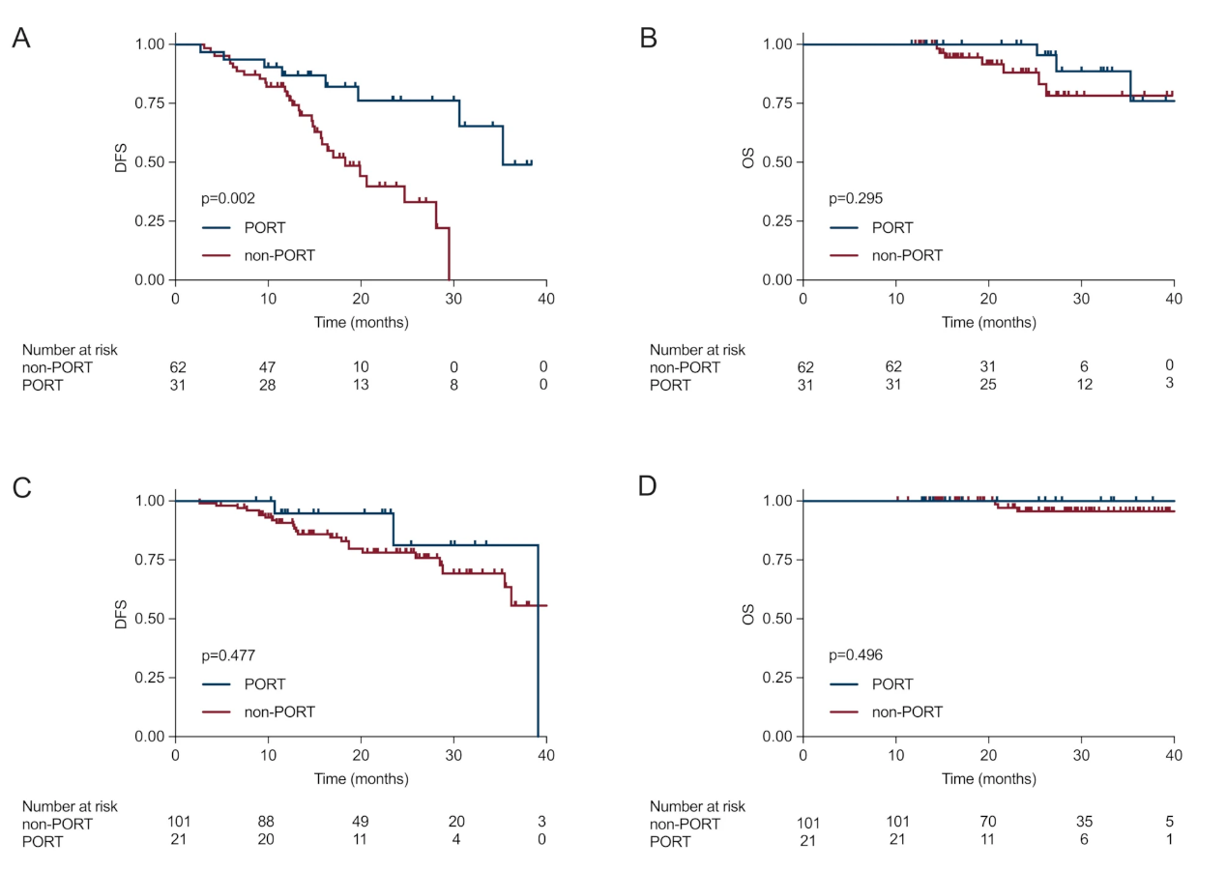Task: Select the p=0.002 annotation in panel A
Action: pos(228,198)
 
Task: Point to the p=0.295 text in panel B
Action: pos(856,198)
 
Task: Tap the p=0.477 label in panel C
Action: pos(228,655)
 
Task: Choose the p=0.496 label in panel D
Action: pos(856,655)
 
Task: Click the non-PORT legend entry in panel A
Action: pos(280,255)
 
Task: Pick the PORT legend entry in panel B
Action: pos(892,228)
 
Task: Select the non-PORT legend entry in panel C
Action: pos(280,711)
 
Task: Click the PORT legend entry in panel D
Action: pos(892,684)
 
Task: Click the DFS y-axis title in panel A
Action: pos(122,161)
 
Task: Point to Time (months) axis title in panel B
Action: pos(988,322)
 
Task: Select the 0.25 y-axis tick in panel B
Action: pos(777,221)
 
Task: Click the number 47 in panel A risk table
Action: pos(267,367)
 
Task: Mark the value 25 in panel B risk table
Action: pos(987,386)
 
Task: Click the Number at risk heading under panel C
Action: pos(70,806)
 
